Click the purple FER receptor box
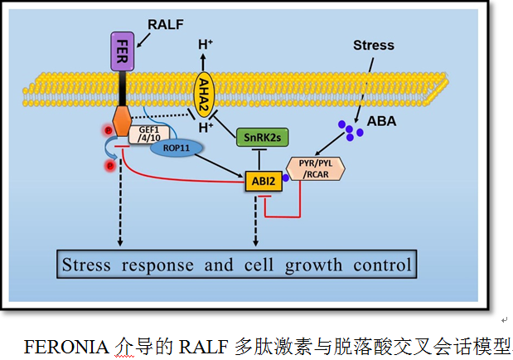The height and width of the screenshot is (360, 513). click(x=122, y=51)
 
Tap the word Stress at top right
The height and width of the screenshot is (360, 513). click(x=374, y=45)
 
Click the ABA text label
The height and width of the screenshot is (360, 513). click(x=382, y=121)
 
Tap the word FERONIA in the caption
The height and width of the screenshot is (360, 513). click(x=67, y=344)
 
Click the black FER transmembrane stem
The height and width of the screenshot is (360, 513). click(x=122, y=87)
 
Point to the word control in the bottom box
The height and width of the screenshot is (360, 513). click(x=377, y=265)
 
